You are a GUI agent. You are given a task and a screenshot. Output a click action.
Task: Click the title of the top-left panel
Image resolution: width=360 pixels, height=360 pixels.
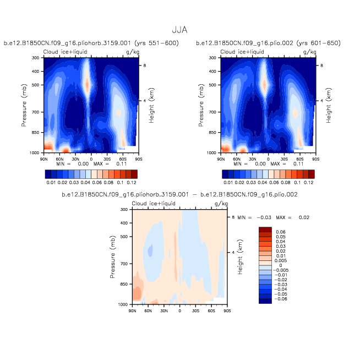(91, 43)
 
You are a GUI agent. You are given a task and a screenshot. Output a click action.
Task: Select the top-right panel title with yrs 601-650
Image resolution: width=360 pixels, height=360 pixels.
(268, 43)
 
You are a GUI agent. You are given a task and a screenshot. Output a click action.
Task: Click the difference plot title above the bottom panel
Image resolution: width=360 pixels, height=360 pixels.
(180, 195)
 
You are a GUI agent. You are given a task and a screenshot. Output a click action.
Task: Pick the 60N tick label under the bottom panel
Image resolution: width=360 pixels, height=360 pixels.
(148, 310)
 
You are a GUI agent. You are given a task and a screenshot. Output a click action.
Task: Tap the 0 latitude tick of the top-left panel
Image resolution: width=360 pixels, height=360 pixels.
(91, 159)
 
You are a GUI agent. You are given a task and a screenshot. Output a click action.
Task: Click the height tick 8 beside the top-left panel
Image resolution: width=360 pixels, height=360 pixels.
(145, 66)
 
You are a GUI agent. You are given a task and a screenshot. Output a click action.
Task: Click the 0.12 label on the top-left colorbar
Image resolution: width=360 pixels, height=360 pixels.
(130, 182)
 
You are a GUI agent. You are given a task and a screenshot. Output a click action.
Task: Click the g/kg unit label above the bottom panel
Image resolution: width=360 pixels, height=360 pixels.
(221, 204)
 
